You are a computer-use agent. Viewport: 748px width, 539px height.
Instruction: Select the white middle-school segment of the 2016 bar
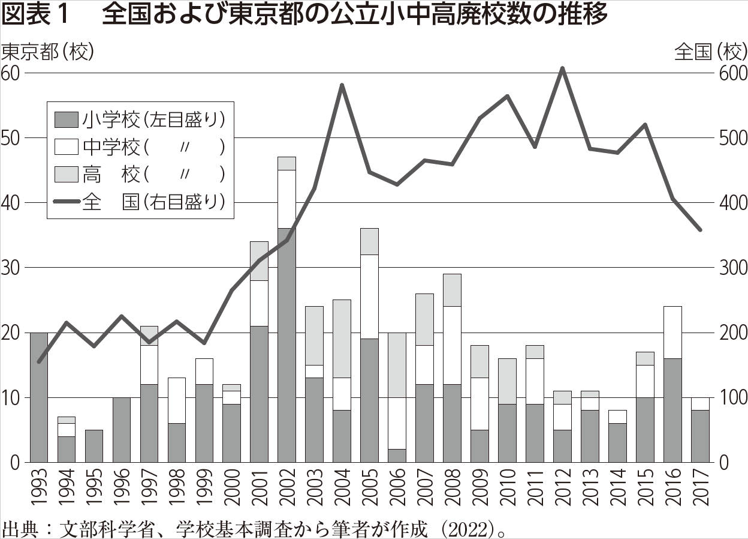(x=672, y=333)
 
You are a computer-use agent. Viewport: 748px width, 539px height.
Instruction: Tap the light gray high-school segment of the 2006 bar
(x=396, y=365)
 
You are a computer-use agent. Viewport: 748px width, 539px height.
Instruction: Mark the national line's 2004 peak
(x=341, y=85)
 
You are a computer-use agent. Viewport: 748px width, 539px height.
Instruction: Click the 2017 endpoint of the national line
(x=700, y=230)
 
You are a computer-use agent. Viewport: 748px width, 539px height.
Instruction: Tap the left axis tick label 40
(x=12, y=203)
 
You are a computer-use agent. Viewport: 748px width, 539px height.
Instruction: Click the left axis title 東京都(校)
(x=49, y=52)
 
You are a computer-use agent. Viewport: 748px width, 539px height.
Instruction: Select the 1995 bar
(x=94, y=446)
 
